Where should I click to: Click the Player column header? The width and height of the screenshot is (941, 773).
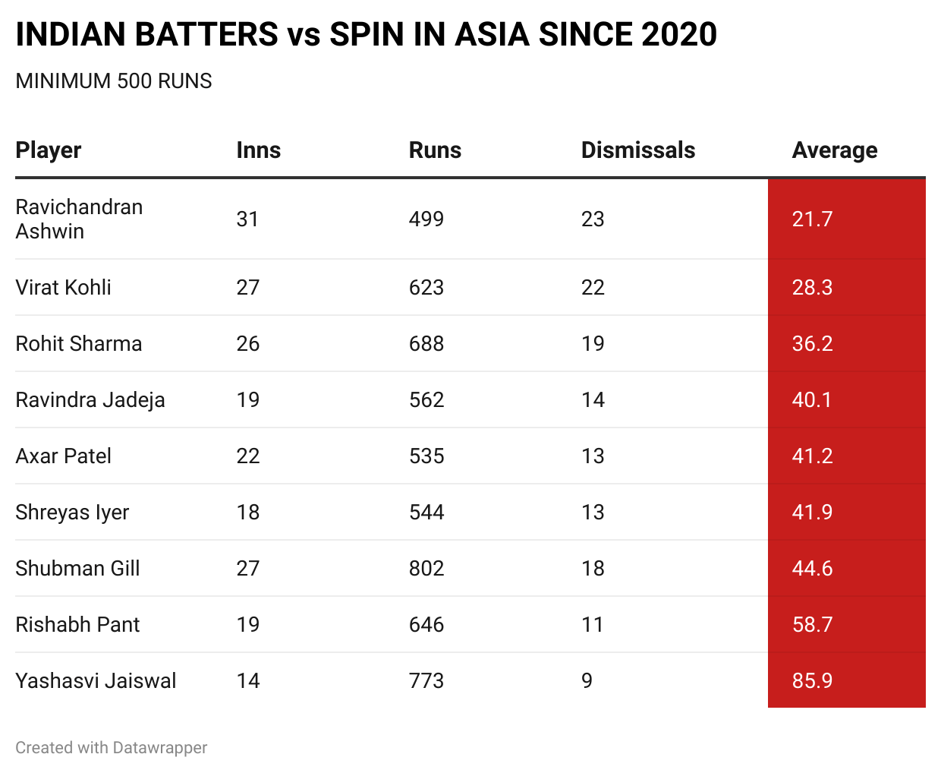[x=49, y=150]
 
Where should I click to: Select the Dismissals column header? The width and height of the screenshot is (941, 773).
[x=637, y=150]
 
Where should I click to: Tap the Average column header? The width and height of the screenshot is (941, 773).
[x=834, y=150]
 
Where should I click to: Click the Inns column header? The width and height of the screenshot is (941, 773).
[x=258, y=150]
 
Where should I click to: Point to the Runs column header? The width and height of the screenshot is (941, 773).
[x=435, y=150]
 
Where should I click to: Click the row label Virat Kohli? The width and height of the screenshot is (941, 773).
[x=63, y=288]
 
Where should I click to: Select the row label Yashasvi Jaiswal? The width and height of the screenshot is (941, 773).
[x=96, y=681]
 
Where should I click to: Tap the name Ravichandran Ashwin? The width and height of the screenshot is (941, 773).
[x=79, y=219]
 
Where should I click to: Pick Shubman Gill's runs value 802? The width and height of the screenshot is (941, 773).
[x=426, y=569]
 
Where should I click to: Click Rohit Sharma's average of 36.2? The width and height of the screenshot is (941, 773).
[x=812, y=344]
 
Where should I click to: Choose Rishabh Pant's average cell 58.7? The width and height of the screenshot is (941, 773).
[x=812, y=625]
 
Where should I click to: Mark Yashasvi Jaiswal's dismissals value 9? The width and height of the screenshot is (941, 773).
[x=587, y=681]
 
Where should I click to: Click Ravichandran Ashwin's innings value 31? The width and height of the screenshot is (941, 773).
[x=247, y=219]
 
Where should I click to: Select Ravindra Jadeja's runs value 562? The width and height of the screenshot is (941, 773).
[x=426, y=400]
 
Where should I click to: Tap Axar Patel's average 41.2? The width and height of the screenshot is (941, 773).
[x=812, y=456]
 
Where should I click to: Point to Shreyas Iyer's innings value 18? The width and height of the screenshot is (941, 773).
[x=247, y=513]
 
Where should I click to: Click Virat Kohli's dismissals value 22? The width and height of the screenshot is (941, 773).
[x=593, y=288]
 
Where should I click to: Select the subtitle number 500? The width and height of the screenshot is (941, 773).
[x=134, y=81]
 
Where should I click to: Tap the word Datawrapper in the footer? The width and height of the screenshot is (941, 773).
[x=159, y=748]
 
